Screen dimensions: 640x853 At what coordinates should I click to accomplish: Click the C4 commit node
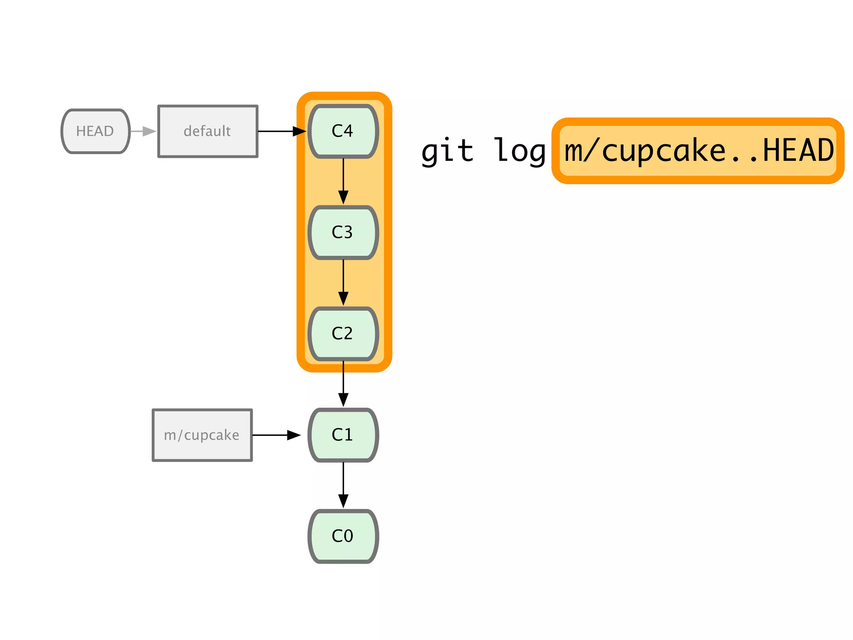[343, 131]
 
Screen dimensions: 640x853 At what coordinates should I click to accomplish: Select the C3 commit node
[343, 232]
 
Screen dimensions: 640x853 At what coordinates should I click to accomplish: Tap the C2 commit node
[343, 334]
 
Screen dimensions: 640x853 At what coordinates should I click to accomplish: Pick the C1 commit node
[343, 435]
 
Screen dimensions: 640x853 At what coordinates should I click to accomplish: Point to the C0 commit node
[343, 536]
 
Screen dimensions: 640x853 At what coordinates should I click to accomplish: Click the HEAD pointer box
[95, 131]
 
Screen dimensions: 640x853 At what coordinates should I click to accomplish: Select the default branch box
[207, 131]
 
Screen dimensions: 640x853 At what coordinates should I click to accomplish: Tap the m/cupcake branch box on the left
[202, 435]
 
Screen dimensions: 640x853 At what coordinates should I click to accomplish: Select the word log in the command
[519, 151]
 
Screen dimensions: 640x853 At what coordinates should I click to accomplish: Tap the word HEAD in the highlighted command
[798, 151]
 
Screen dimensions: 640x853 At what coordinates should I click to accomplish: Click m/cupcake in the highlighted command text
[644, 151]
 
